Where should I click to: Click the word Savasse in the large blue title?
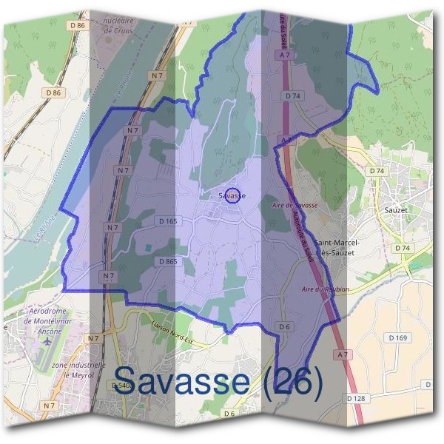click(x=181, y=382)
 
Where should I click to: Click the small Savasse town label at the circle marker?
click(x=232, y=196)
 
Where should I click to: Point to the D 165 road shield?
click(x=168, y=221)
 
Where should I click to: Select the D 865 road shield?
click(x=167, y=261)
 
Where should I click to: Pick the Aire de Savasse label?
click(x=295, y=205)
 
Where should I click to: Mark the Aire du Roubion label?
click(x=326, y=289)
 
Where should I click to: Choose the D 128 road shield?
click(x=357, y=398)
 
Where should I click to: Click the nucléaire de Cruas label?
click(x=122, y=27)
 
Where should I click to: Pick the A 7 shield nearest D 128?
click(x=342, y=356)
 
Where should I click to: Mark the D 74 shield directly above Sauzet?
click(x=377, y=171)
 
